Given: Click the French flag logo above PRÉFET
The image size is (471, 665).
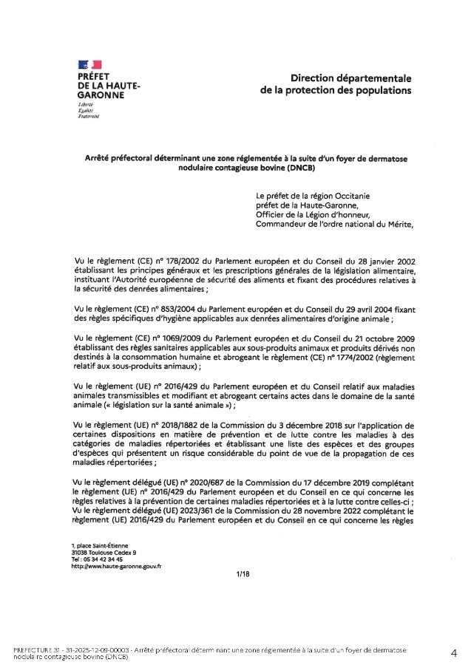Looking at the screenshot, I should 89,66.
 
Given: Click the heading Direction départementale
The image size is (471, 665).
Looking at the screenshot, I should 350,78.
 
